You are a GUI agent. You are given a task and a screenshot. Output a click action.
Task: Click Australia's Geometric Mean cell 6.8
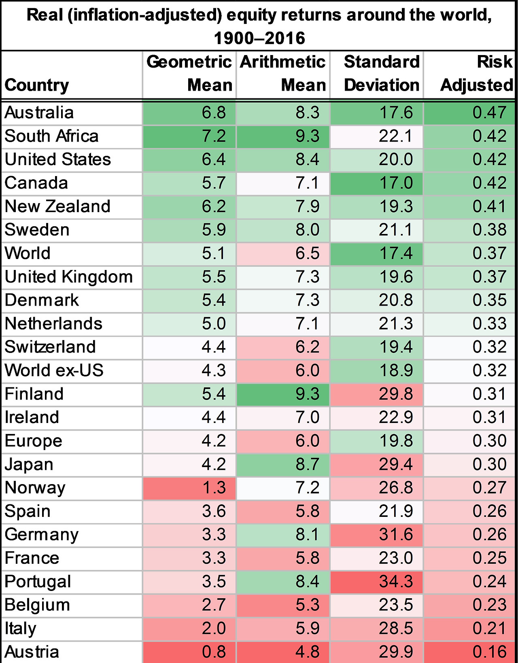point(189,113)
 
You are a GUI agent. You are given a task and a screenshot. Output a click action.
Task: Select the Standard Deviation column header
point(381,74)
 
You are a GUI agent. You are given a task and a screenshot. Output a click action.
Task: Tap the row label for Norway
point(35,488)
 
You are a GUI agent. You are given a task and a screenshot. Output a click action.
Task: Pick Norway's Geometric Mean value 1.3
point(189,488)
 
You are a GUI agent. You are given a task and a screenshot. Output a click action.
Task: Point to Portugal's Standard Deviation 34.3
point(377,582)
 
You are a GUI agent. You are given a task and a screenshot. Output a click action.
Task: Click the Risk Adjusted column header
point(476,74)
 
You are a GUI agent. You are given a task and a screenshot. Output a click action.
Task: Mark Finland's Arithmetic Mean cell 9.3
point(283,394)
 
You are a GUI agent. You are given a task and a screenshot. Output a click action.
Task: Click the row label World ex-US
point(54,371)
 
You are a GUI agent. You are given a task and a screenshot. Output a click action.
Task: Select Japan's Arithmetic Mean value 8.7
point(283,464)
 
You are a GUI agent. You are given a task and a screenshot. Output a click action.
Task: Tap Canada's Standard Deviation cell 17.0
point(377,183)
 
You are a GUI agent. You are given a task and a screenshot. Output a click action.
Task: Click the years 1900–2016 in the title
point(259,38)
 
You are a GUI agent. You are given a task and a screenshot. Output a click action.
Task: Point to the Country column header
point(37,85)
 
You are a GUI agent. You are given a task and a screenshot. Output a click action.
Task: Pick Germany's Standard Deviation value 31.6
point(377,535)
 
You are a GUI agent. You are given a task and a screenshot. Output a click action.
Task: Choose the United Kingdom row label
point(69,277)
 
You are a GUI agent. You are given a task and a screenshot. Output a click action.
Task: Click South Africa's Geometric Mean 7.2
point(189,136)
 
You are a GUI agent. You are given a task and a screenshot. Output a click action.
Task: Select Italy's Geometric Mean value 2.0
point(189,629)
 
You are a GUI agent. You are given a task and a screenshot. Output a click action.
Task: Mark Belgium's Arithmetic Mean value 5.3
point(283,605)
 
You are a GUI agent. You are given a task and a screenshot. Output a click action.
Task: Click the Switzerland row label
point(50,347)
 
